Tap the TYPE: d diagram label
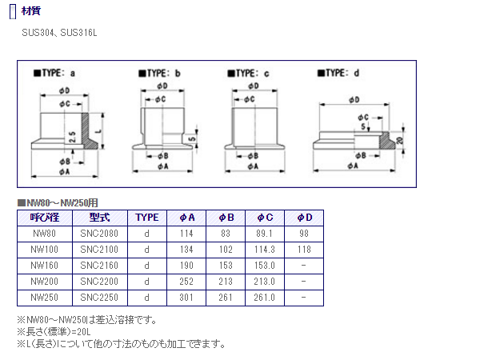342,74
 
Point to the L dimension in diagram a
98,128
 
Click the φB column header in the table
226,217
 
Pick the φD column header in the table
304,217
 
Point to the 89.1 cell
265,233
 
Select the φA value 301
187,298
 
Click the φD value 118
304,249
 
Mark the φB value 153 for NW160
226,265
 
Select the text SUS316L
82,34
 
